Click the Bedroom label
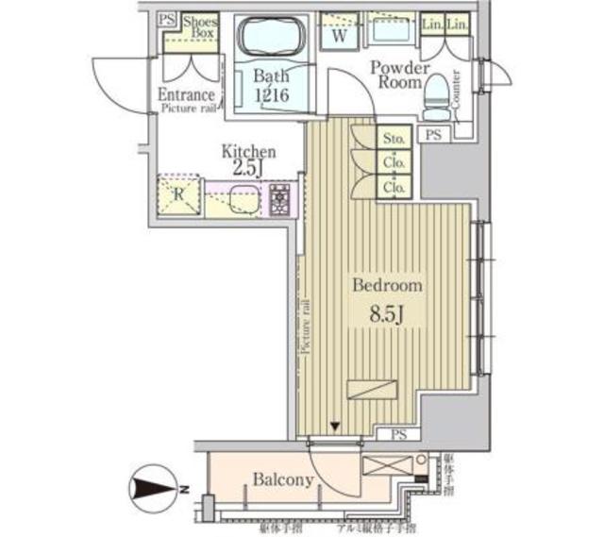(x=387, y=285)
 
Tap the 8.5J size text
(x=387, y=311)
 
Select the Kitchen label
(x=248, y=151)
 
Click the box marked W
(x=336, y=38)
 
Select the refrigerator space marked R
(x=179, y=195)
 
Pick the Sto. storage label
(x=394, y=139)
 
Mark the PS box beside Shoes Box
(x=167, y=21)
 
